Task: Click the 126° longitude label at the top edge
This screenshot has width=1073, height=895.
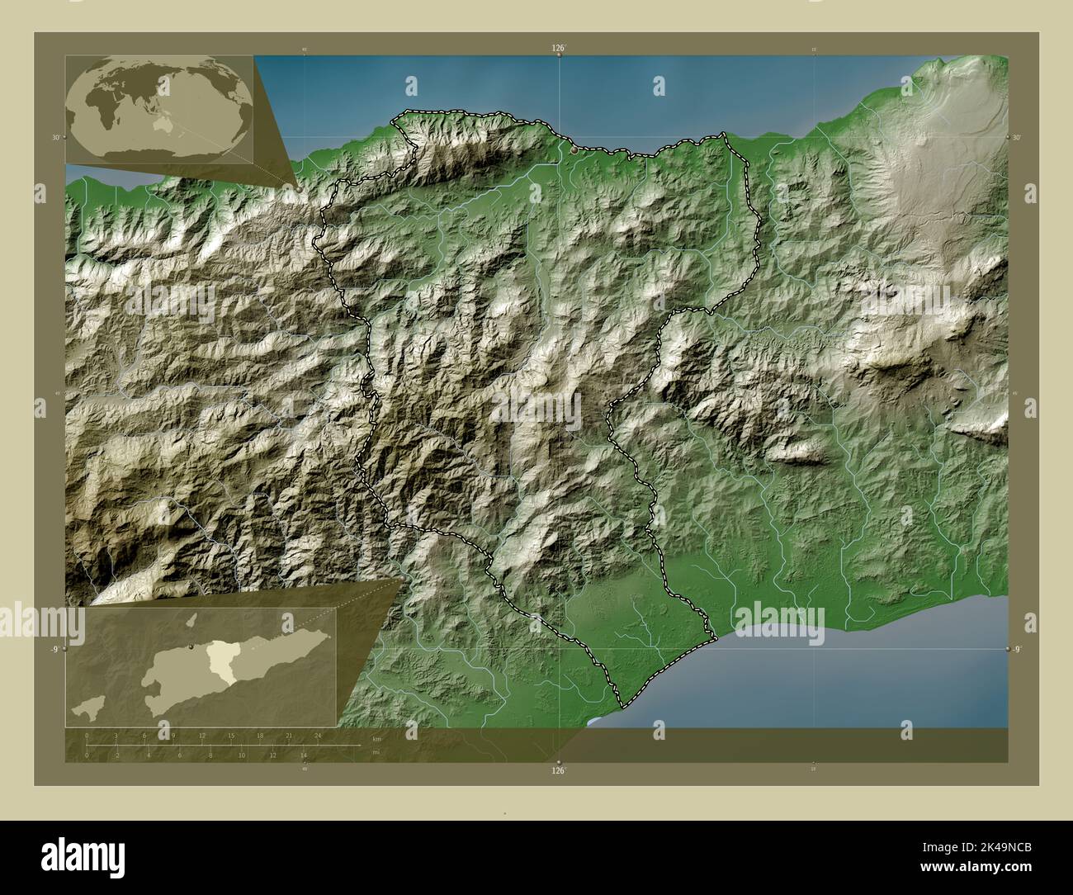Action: pos(559,49)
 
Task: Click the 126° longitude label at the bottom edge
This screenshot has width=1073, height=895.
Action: pos(559,771)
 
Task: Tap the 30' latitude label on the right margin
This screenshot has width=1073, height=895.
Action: pos(1017,137)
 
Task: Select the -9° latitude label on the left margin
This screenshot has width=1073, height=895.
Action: pos(54,650)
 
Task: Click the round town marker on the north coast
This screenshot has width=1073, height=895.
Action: pos(574,150)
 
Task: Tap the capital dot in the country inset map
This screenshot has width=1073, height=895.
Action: pos(191,646)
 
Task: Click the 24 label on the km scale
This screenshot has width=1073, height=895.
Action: pos(318,735)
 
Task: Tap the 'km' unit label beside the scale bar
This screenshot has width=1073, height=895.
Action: pos(376,738)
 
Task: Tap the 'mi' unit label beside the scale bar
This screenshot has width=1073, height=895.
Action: pos(376,752)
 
